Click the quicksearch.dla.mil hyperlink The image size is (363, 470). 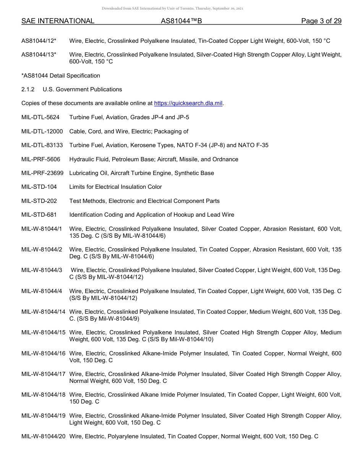[188, 103]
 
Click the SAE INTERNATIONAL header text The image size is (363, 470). [58, 21]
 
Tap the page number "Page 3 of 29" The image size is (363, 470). [321, 21]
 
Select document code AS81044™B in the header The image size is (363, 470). [181, 21]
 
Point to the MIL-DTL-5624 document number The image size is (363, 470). [41, 117]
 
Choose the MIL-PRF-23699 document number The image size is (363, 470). [42, 173]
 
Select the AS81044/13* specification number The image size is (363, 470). [39, 55]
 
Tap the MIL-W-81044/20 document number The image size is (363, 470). [44, 436]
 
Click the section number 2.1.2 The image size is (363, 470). [28, 89]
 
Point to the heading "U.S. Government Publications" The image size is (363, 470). [82, 89]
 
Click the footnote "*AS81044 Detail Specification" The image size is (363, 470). [61, 76]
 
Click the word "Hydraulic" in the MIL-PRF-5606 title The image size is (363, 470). [82, 159]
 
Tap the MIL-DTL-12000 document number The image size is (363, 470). [42, 131]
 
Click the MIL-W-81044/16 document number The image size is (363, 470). [44, 353]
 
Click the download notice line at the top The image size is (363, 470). [172, 8]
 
